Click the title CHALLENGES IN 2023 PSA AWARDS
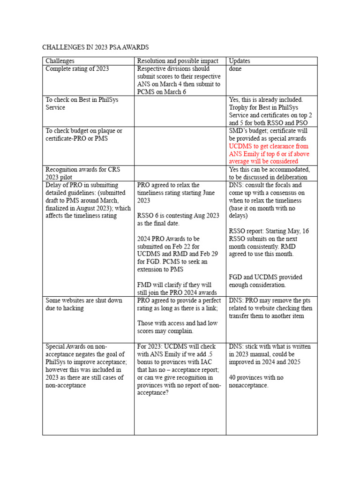(x=96, y=47)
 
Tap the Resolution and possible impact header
(x=178, y=61)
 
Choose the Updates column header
(x=239, y=61)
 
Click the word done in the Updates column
(x=235, y=69)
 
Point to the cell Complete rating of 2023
(x=77, y=69)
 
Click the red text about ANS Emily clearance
(x=269, y=154)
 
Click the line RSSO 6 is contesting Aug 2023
(x=178, y=216)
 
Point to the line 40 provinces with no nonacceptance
(x=248, y=382)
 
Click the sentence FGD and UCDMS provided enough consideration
(x=265, y=281)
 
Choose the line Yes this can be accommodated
(x=269, y=170)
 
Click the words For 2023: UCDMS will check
(x=176, y=347)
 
